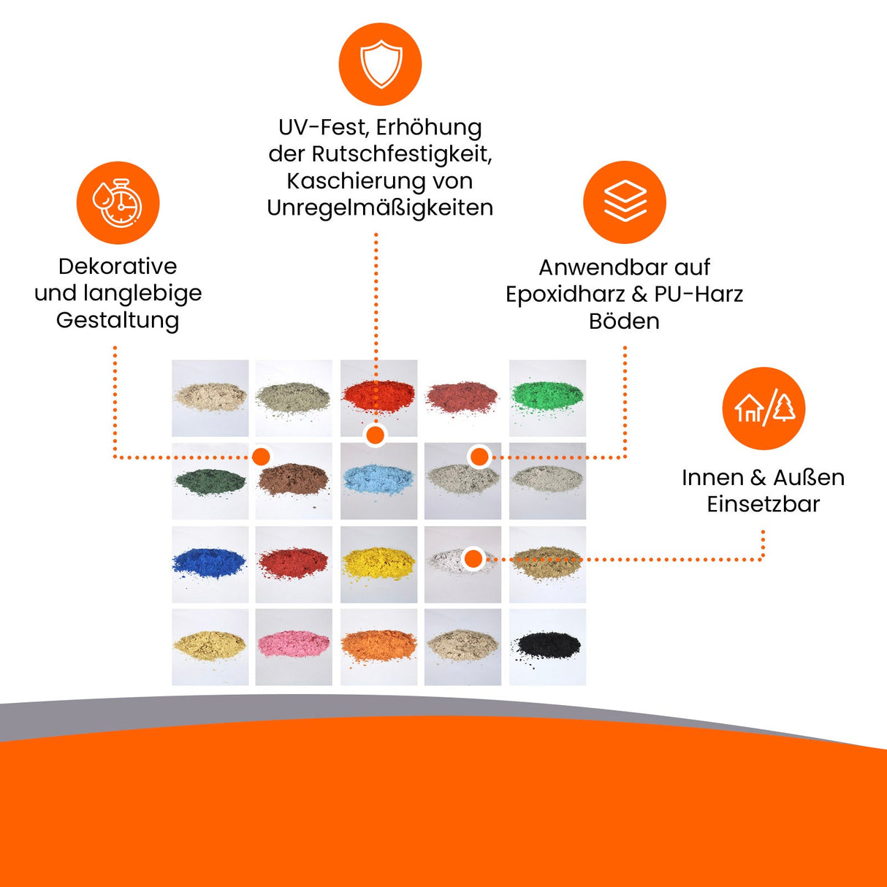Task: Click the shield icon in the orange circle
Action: pos(380,64)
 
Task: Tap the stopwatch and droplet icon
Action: pos(118,203)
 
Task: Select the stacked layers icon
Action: pos(625,202)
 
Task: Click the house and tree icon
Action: pos(764,408)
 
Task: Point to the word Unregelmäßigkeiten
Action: pos(380,208)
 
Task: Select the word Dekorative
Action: pos(118,267)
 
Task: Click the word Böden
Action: pos(624,321)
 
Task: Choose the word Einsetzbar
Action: pos(763,504)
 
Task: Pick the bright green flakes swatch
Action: pos(547,397)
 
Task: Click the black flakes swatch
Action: pos(547,646)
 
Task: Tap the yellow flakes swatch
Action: pos(378,563)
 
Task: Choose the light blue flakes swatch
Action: pos(378,481)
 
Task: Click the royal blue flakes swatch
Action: pos(210,563)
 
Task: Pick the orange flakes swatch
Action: pos(378,646)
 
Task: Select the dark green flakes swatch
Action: pos(210,481)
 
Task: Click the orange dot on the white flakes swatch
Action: pos(473,559)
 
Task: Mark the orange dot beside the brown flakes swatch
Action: pos(261,457)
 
